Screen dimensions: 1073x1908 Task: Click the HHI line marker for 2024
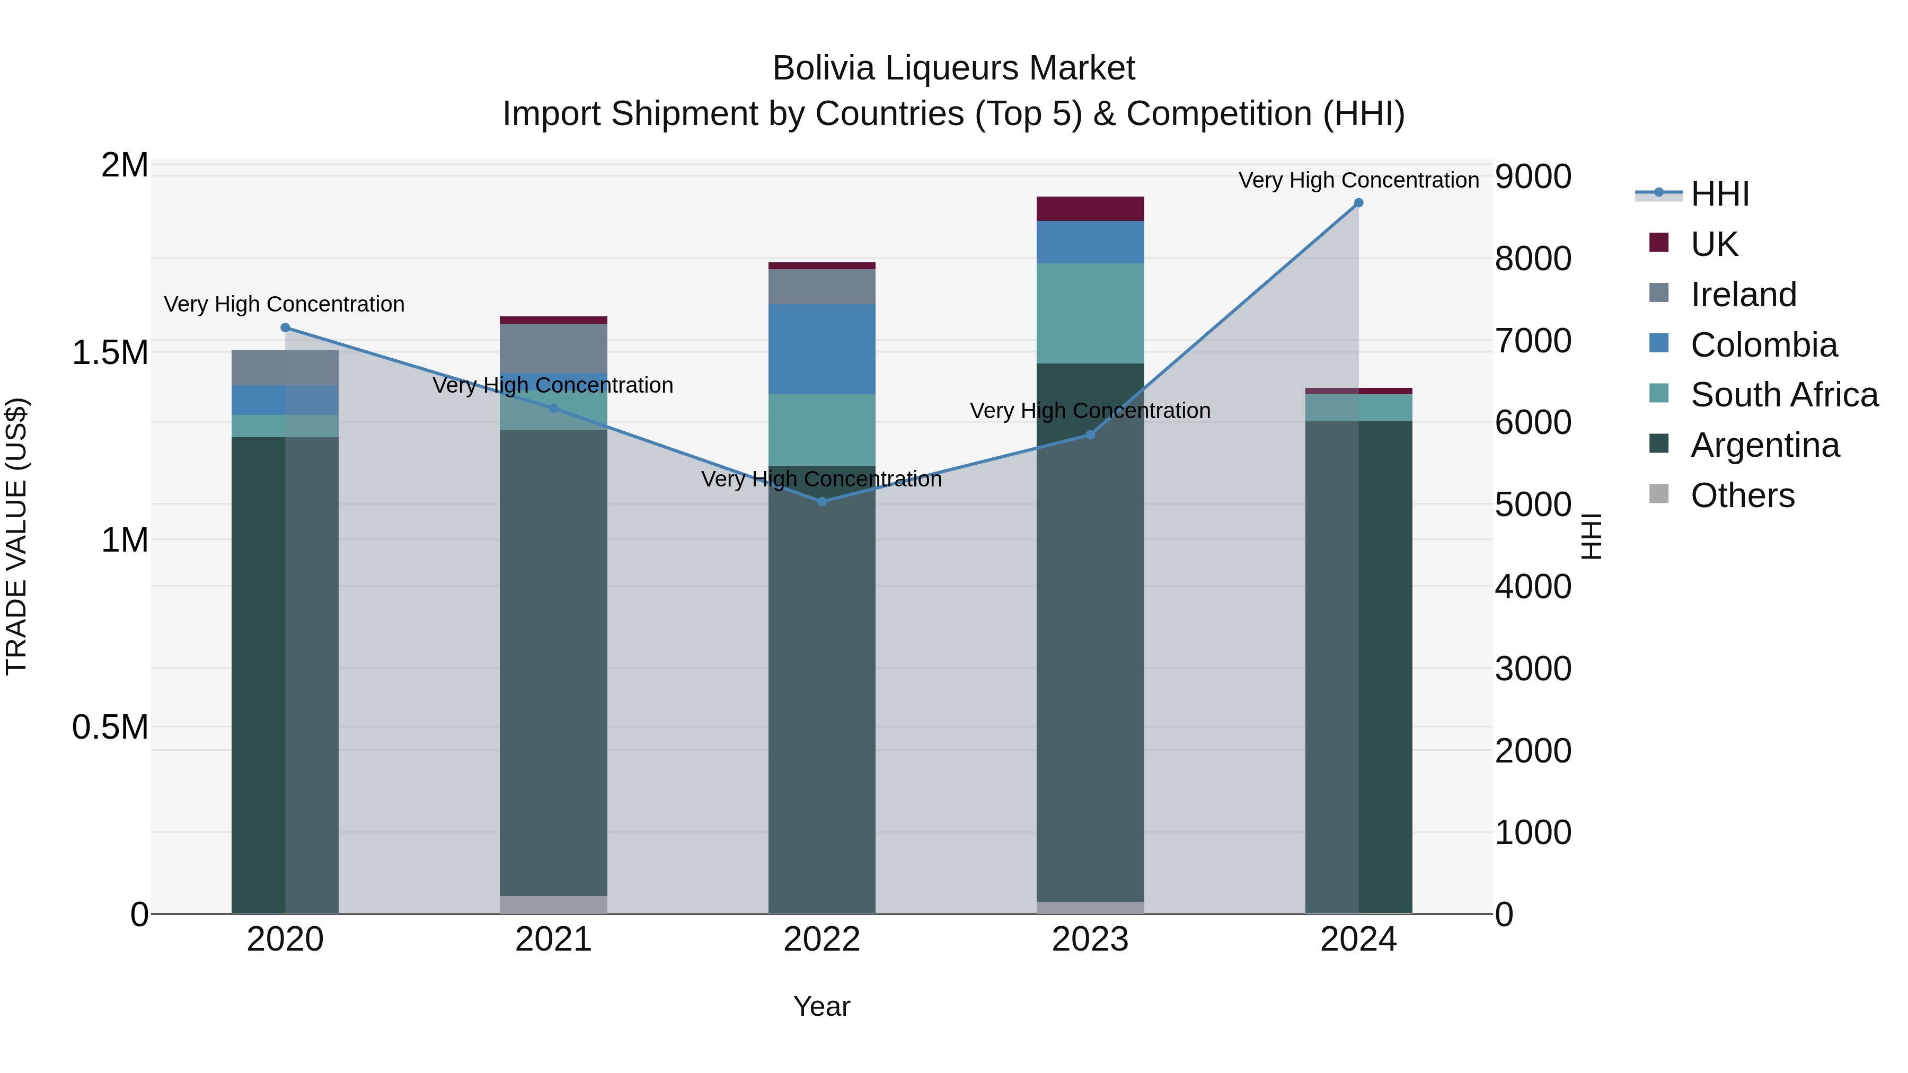(1358, 203)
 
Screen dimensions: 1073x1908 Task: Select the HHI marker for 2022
(821, 501)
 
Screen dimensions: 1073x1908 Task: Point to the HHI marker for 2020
(285, 327)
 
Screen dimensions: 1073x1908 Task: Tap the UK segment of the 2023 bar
(1090, 209)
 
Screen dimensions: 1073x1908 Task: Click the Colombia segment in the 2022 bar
(821, 349)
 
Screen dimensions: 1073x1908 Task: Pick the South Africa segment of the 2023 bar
(1090, 313)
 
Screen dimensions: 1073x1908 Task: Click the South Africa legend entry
(1783, 395)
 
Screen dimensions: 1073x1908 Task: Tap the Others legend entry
(1742, 495)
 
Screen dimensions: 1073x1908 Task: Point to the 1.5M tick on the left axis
(110, 352)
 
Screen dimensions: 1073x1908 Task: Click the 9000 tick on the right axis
(1532, 177)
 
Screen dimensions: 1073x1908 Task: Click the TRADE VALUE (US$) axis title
(16, 536)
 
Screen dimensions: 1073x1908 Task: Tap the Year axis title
(821, 1006)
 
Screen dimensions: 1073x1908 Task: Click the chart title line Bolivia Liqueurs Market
(953, 68)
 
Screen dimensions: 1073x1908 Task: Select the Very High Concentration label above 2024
(1358, 180)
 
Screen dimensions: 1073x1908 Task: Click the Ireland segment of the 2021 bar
(553, 348)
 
